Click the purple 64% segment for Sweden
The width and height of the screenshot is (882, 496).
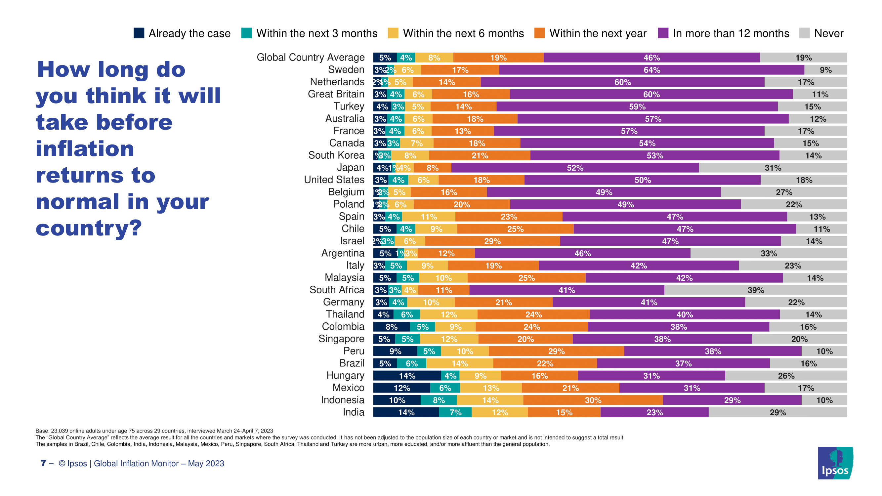[651, 70]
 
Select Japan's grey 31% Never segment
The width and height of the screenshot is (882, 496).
[773, 168]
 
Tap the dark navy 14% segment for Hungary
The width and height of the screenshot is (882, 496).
[407, 376]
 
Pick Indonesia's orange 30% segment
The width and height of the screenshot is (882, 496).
[593, 400]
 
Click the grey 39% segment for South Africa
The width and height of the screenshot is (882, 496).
[755, 290]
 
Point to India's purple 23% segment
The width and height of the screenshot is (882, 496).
[654, 412]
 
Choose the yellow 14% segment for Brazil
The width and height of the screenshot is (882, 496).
[459, 363]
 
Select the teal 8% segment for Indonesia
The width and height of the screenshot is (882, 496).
[439, 400]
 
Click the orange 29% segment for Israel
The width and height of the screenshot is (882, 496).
[492, 241]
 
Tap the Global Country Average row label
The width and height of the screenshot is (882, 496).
[311, 57]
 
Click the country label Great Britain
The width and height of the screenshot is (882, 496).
[336, 94]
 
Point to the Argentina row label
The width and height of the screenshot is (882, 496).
[343, 253]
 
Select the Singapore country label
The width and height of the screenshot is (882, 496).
[341, 339]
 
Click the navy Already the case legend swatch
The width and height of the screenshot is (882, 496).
[139, 33]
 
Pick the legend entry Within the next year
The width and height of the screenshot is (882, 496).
[598, 33]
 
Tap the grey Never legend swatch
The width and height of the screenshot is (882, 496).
[804, 33]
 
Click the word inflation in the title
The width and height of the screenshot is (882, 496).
[85, 149]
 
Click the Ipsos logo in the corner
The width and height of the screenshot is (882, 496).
[835, 463]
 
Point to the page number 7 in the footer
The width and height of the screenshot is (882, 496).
[43, 463]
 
